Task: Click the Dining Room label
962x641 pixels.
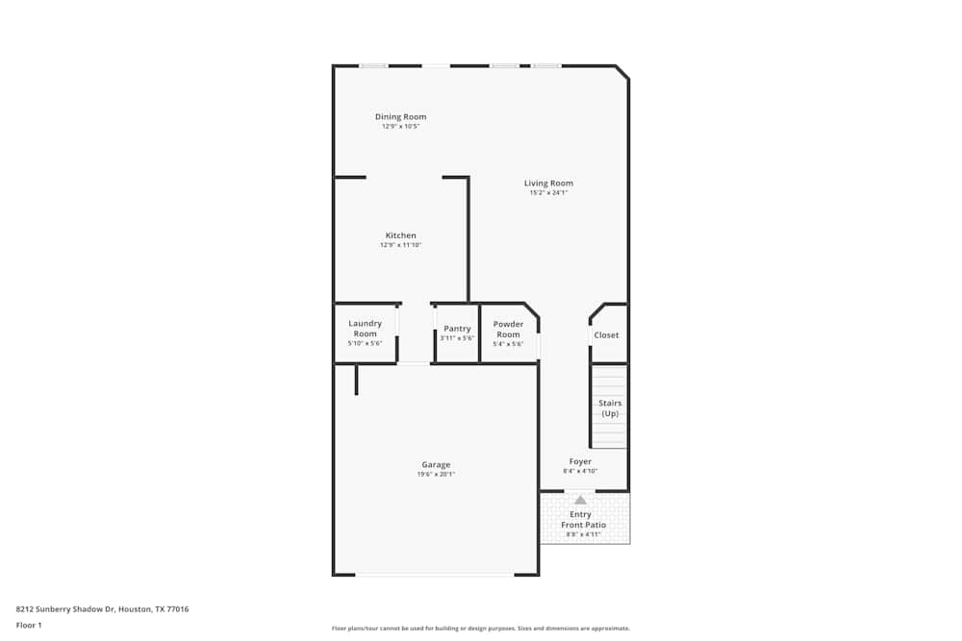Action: click(400, 117)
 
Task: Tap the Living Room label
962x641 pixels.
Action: click(548, 184)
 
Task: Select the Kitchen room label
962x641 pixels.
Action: click(400, 235)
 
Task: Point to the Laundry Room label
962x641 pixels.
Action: click(365, 329)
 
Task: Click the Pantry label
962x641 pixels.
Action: click(457, 329)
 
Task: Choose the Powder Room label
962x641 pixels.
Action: click(508, 329)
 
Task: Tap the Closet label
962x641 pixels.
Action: click(606, 335)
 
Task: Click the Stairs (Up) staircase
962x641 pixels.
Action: click(610, 408)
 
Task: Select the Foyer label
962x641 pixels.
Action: click(580, 462)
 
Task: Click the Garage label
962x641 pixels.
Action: click(435, 465)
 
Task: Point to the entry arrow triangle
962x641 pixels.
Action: click(580, 500)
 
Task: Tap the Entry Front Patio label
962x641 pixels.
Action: click(583, 520)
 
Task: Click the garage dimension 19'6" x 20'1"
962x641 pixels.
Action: click(435, 474)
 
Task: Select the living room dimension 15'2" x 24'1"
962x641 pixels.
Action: click(548, 192)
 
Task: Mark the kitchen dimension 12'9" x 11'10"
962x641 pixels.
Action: click(400, 245)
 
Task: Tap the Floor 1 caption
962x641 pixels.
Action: click(30, 625)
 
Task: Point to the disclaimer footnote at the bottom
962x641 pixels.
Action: click(481, 628)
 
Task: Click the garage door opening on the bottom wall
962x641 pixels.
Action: click(434, 575)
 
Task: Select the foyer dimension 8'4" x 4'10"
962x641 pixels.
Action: click(580, 471)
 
